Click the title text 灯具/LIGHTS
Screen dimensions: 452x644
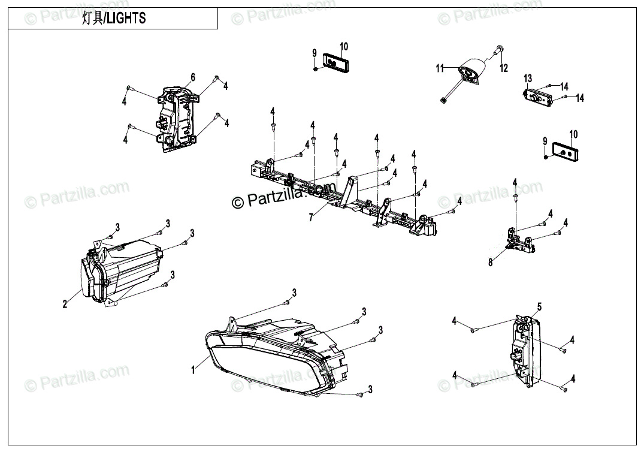pyautogui.click(x=114, y=19)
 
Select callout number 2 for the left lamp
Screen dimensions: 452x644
pyautogui.click(x=65, y=304)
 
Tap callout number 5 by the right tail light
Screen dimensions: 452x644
pyautogui.click(x=539, y=306)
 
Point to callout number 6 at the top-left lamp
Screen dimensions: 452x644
pyautogui.click(x=193, y=77)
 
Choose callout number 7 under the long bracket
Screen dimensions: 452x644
pyautogui.click(x=311, y=218)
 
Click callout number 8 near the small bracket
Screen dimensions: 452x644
pyautogui.click(x=490, y=262)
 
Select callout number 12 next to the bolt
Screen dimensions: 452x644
pyautogui.click(x=504, y=68)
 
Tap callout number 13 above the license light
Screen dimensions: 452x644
pyautogui.click(x=527, y=79)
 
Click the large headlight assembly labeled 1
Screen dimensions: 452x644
pyautogui.click(x=270, y=357)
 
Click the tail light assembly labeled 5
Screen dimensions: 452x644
pyautogui.click(x=527, y=351)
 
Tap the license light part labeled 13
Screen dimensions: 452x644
pyautogui.click(x=537, y=97)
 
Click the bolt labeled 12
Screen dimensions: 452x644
pyautogui.click(x=497, y=55)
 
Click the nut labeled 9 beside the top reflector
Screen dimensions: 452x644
pyautogui.click(x=315, y=68)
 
